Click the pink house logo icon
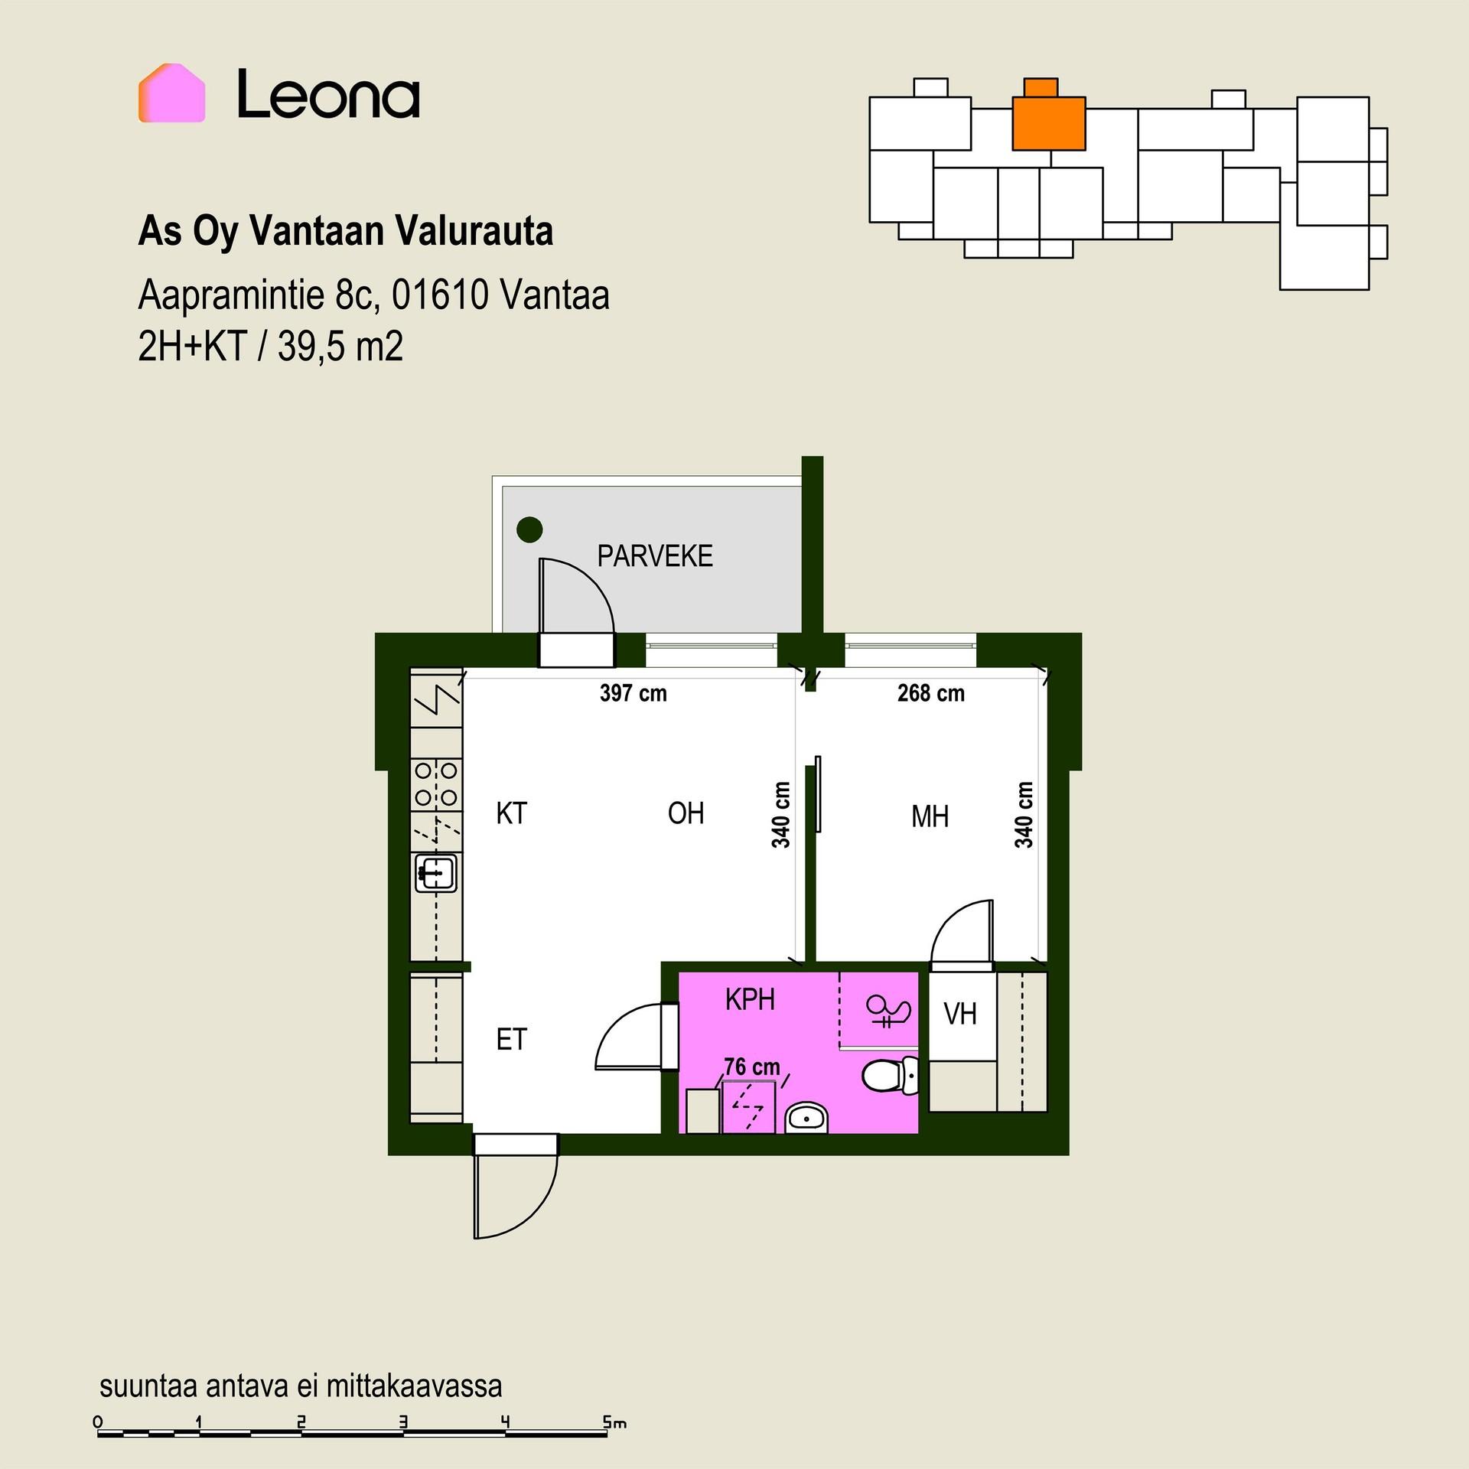coord(171,93)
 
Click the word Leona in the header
coord(328,94)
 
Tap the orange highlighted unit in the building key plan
coord(1048,119)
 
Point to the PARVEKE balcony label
coord(655,556)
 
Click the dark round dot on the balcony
coord(529,529)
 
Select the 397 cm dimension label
coord(633,693)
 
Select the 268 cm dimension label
coord(930,693)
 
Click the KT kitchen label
coord(511,813)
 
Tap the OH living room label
coord(686,813)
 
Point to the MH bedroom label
coord(930,817)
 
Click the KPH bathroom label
coord(750,999)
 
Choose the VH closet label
coord(960,1015)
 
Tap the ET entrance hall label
coord(511,1040)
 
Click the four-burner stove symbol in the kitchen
coord(436,784)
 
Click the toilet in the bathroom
coord(891,1076)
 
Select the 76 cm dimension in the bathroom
coord(752,1067)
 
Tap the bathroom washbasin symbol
coord(806,1117)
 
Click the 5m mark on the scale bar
coord(614,1423)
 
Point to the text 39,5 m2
coord(340,347)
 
